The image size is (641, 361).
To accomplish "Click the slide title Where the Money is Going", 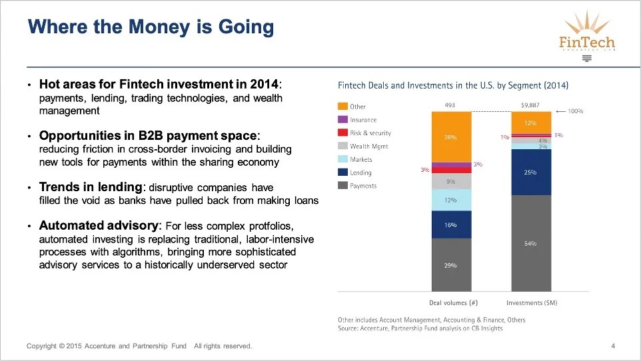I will [x=151, y=27].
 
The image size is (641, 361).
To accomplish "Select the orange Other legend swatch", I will [x=342, y=107].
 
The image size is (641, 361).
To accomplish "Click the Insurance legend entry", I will [x=363, y=120].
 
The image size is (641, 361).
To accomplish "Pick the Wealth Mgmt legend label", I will [x=368, y=147].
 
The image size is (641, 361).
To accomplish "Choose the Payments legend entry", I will [x=363, y=186].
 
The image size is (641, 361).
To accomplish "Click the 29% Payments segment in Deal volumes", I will [x=451, y=265].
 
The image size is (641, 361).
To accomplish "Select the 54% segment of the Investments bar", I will [x=530, y=243].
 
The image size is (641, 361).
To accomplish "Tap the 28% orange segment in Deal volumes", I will [x=451, y=137].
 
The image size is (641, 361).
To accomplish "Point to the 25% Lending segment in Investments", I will [x=530, y=172].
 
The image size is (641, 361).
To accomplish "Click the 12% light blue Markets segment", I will [x=451, y=200].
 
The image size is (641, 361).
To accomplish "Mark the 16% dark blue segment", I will [x=451, y=225].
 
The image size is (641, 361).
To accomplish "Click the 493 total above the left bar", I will [x=450, y=105].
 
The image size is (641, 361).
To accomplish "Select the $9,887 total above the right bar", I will [x=530, y=105].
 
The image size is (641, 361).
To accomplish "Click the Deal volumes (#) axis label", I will [x=453, y=302].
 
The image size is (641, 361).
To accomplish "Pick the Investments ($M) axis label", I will [x=531, y=302].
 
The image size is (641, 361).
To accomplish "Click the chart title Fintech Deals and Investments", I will [x=453, y=85].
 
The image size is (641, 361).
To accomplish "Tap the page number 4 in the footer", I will [x=613, y=346].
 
